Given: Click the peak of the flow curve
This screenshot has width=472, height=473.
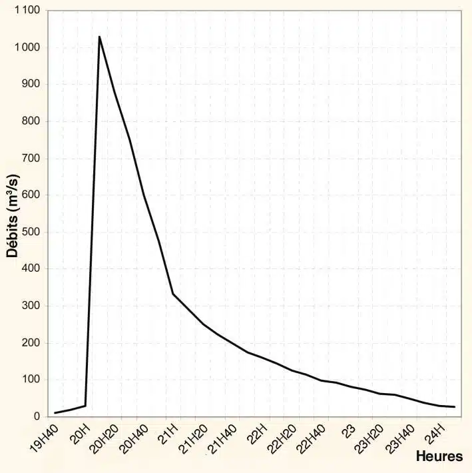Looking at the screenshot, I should (99, 37).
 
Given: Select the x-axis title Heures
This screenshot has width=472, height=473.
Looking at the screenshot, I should (439, 457).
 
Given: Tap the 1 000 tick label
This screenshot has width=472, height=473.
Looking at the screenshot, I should (25, 48).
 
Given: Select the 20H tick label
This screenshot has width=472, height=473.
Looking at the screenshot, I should (79, 434).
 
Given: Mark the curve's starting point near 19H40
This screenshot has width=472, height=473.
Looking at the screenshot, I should (55, 412).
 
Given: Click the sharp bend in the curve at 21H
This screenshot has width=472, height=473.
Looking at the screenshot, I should (173, 294).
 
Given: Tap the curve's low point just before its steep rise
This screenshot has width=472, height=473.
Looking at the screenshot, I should (85, 406).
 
